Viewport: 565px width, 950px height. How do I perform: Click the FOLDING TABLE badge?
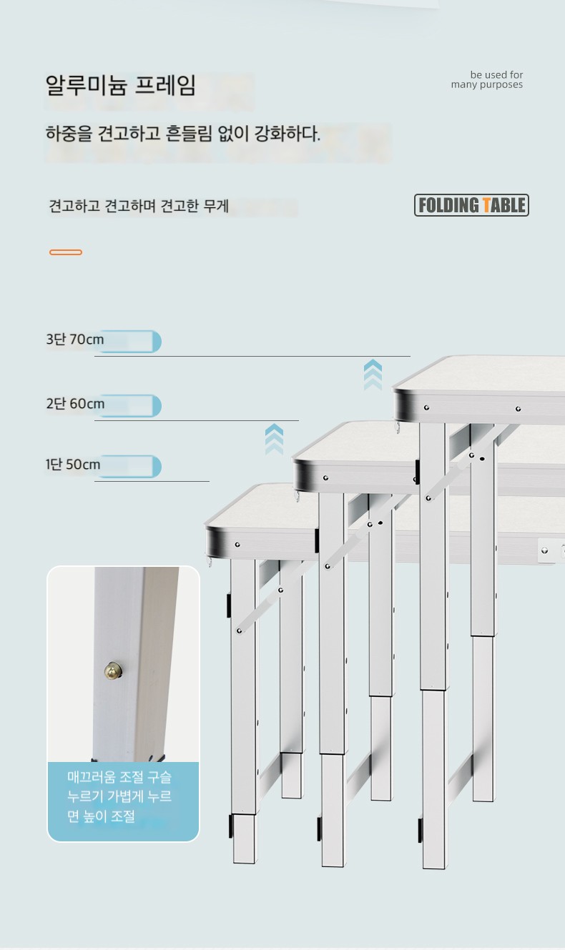point(471,205)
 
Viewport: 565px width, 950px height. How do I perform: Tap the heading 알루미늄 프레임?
point(120,85)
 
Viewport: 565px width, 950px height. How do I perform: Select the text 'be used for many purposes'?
point(487,80)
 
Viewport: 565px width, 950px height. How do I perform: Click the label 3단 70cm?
point(74,340)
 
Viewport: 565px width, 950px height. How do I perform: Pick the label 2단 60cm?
point(75,403)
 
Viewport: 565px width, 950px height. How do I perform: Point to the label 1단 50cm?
point(73,465)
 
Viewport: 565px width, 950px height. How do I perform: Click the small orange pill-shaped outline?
point(66,252)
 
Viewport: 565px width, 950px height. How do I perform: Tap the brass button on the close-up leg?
point(113,670)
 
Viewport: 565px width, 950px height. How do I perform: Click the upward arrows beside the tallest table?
point(373,375)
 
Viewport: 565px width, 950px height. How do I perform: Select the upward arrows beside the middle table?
point(274,440)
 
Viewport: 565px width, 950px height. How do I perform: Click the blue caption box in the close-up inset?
point(123,801)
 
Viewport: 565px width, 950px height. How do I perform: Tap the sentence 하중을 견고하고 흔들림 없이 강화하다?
point(183,134)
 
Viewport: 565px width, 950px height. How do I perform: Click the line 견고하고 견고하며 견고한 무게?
point(139,206)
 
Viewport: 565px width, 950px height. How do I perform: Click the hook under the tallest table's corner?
point(397,427)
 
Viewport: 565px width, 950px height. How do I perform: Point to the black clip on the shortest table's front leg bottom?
point(231,826)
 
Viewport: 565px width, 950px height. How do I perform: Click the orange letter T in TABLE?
point(487,205)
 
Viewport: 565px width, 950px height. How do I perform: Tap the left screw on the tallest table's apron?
point(426,407)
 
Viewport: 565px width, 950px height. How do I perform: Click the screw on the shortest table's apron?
point(237,545)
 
